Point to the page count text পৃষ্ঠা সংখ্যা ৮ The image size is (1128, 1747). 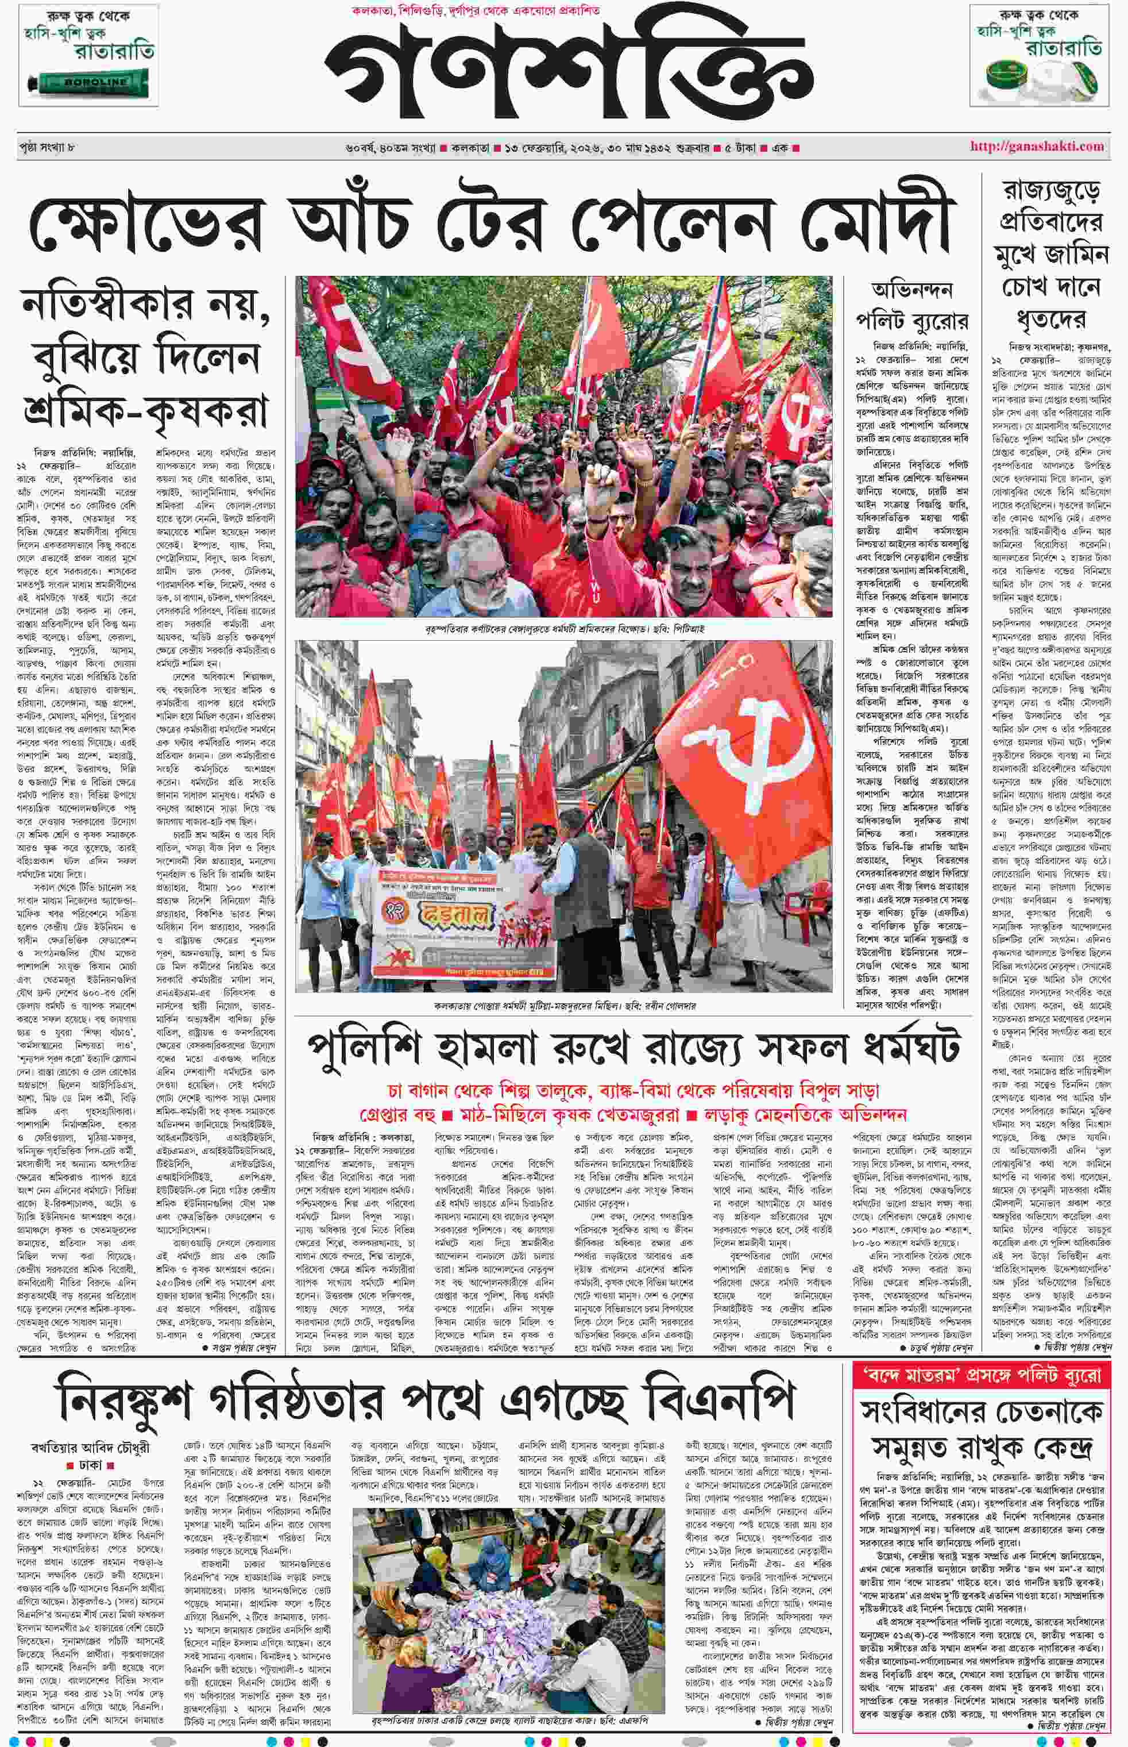pyautogui.click(x=48, y=147)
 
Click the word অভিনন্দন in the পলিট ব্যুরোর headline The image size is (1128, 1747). pyautogui.click(x=912, y=290)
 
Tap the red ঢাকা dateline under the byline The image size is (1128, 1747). pyautogui.click(x=91, y=1464)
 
